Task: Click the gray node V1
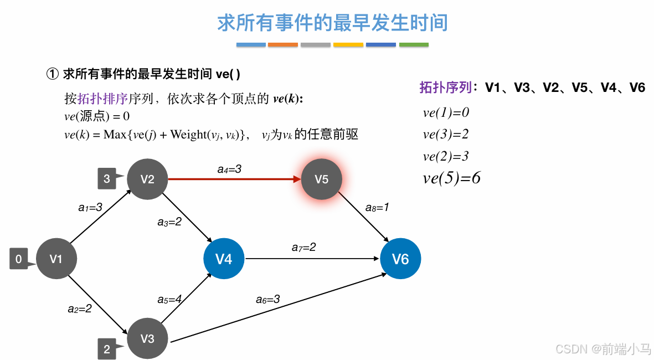(56, 259)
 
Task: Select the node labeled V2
(147, 179)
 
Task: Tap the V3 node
(147, 338)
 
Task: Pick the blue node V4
(224, 259)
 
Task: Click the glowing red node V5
(322, 179)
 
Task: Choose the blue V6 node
(400, 259)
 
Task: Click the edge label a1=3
(90, 208)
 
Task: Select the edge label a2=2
(80, 308)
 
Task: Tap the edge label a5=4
(169, 300)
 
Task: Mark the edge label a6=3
(267, 300)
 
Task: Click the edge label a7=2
(303, 247)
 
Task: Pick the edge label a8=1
(377, 208)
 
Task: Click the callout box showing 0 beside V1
(18, 259)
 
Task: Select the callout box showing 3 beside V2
(106, 179)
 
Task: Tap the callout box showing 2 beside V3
(106, 349)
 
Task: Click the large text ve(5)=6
(451, 178)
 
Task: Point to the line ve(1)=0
(446, 112)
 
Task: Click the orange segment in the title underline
(283, 44)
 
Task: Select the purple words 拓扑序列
(445, 88)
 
